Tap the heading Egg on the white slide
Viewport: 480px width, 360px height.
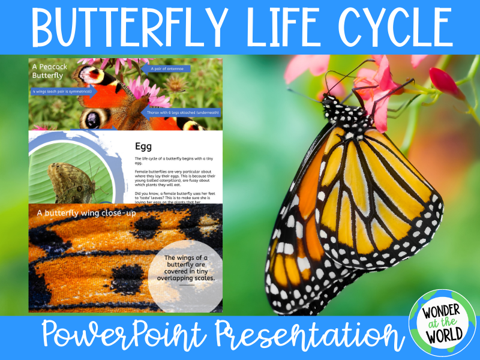tap(143, 146)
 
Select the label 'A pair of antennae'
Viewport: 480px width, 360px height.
tap(167, 69)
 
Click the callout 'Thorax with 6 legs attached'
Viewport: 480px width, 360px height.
tap(182, 112)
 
